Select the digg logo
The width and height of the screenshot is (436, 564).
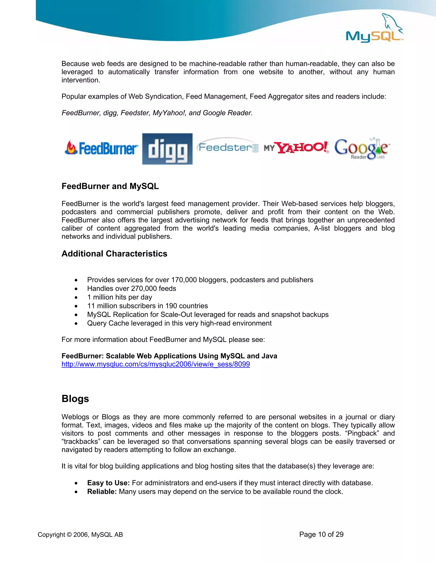[167, 149]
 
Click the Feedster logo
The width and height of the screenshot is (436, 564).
[227, 147]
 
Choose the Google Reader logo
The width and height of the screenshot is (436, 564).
[362, 149]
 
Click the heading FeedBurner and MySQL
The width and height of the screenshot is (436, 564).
[110, 186]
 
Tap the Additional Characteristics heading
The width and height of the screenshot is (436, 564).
[114, 254]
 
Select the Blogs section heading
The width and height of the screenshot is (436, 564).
[75, 398]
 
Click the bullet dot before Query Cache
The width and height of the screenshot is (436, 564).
[76, 324]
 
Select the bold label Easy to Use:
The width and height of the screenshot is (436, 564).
[108, 483]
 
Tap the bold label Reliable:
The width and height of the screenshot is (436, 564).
[102, 491]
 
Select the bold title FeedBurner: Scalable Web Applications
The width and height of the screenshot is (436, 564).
[169, 356]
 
